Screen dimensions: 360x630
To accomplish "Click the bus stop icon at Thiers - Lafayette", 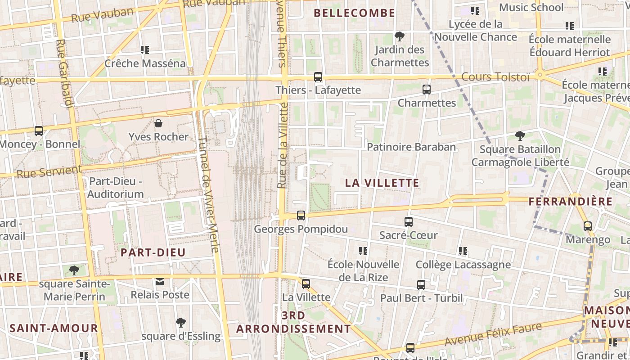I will click(318, 77).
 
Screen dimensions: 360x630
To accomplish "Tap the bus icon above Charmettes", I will click(427, 90).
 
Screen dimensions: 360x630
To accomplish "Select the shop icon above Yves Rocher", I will click(158, 123).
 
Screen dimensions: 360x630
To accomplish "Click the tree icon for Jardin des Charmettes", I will click(399, 36).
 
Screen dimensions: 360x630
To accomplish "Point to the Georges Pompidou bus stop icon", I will click(301, 216).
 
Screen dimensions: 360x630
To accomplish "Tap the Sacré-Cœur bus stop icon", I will click(408, 222).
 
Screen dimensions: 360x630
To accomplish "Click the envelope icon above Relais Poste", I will click(160, 282).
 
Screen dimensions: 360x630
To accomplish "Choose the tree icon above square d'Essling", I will click(181, 323).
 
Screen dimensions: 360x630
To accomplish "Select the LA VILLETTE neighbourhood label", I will click(382, 183).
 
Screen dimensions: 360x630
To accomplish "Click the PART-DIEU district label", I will click(153, 252).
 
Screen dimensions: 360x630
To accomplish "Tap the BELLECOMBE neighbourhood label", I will click(354, 13).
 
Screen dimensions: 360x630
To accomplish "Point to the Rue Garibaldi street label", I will click(65, 74).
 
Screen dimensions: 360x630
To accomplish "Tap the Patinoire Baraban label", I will click(411, 147).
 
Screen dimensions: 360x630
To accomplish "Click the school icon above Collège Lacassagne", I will click(463, 251).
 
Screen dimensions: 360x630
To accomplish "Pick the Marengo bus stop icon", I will click(588, 226).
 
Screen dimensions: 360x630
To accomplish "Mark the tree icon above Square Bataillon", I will click(520, 135).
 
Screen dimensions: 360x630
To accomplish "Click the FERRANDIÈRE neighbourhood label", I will click(570, 201).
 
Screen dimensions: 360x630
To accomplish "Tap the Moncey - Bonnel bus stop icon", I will click(39, 131).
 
